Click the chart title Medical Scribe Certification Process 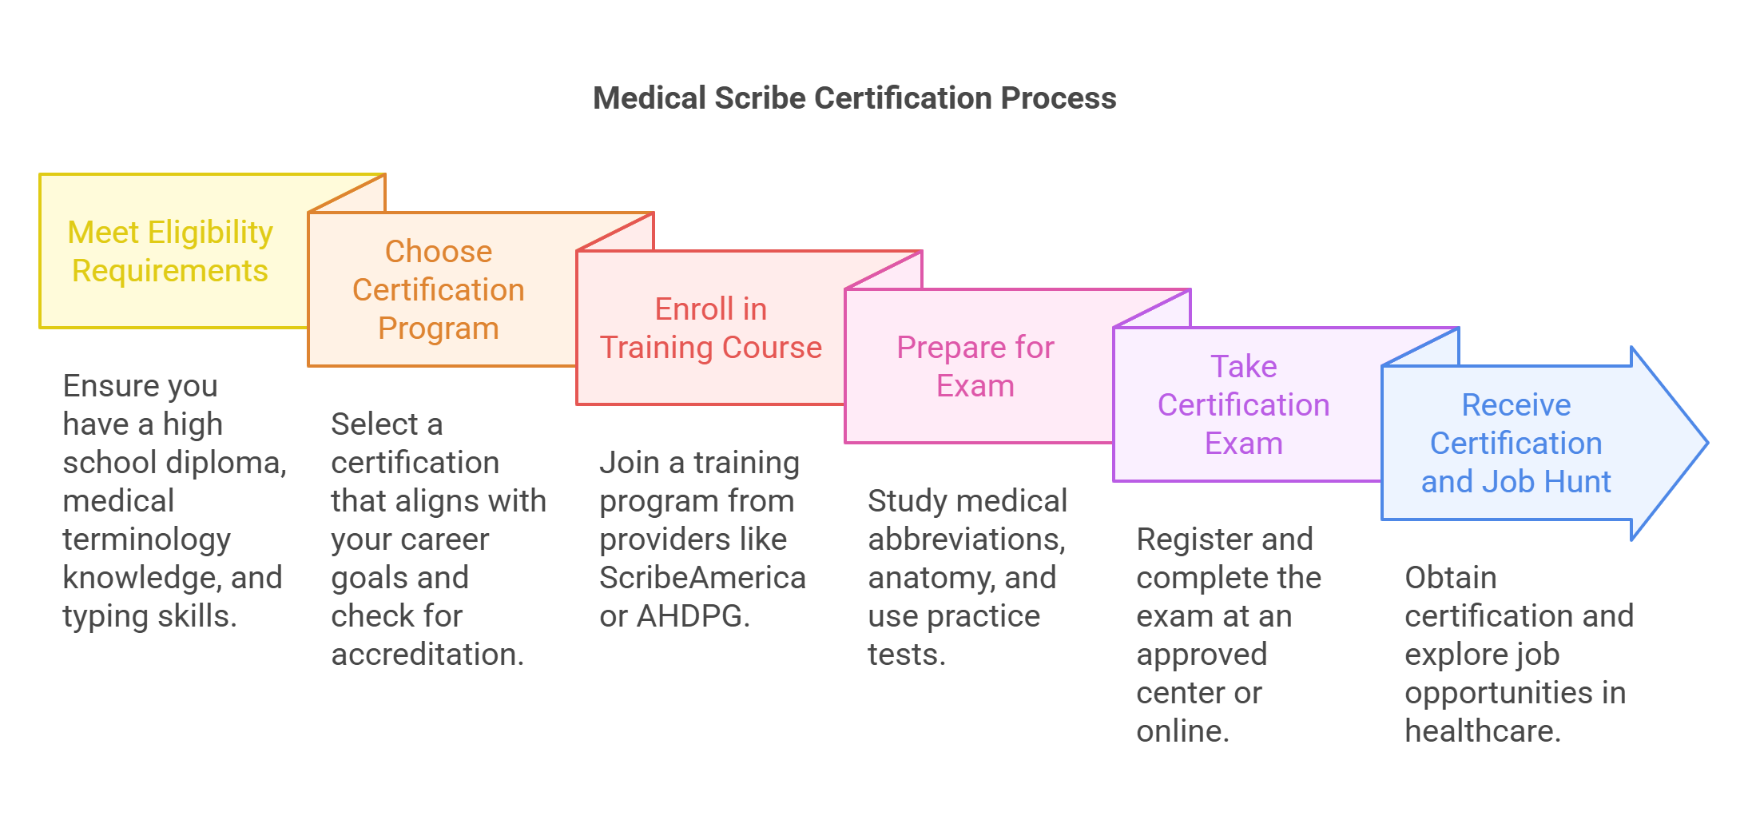pyautogui.click(x=854, y=98)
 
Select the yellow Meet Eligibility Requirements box pyautogui.click(x=170, y=251)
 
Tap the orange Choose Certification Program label pyautogui.click(x=439, y=289)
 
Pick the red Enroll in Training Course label pyautogui.click(x=710, y=328)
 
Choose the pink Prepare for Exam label pyautogui.click(x=975, y=366)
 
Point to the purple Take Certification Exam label pyautogui.click(x=1243, y=404)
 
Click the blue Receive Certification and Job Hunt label pyautogui.click(x=1516, y=443)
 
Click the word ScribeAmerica pyautogui.click(x=702, y=578)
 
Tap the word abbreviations pyautogui.click(x=966, y=539)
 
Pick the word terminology pyautogui.click(x=147, y=539)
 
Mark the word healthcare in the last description pyautogui.click(x=1481, y=731)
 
